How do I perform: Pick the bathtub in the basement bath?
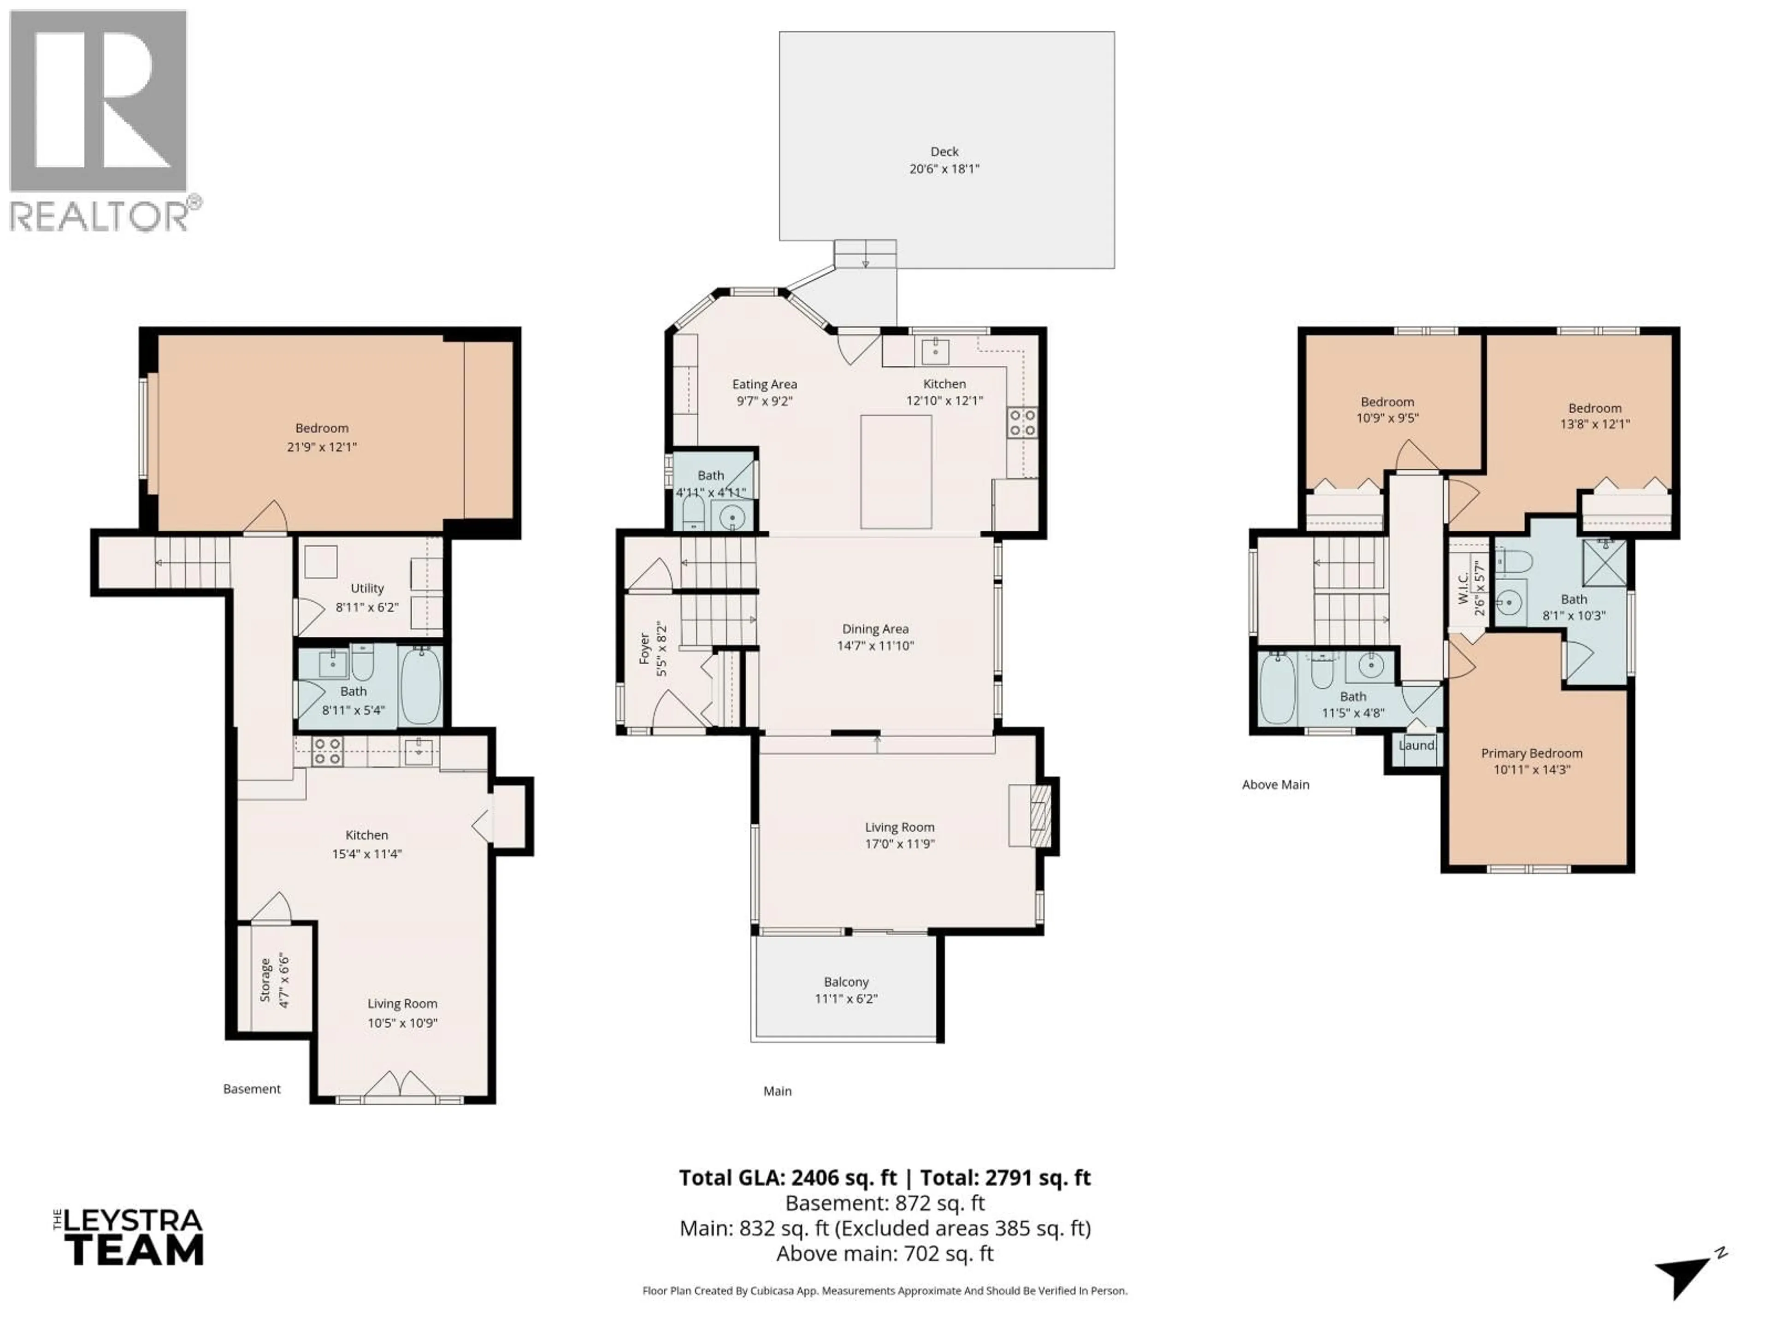click(x=420, y=686)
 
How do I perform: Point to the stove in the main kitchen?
click(x=1022, y=423)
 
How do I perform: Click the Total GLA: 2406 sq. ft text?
click(x=788, y=1177)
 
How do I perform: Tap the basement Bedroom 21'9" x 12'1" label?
click(x=322, y=437)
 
